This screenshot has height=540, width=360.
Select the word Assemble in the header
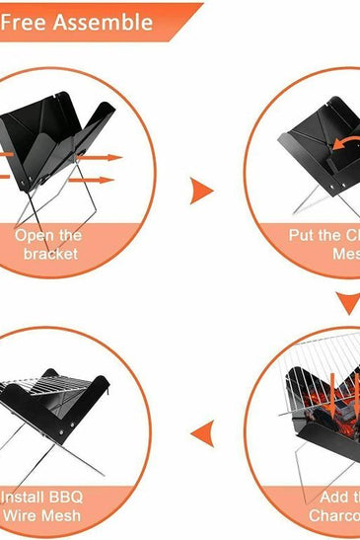tap(104, 21)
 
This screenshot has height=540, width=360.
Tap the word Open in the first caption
tap(34, 236)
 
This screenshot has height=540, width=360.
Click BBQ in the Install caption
tap(75, 496)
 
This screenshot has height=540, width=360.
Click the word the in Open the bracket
tap(69, 236)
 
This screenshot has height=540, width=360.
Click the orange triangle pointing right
tap(201, 189)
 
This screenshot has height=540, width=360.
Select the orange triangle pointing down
tap(346, 303)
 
